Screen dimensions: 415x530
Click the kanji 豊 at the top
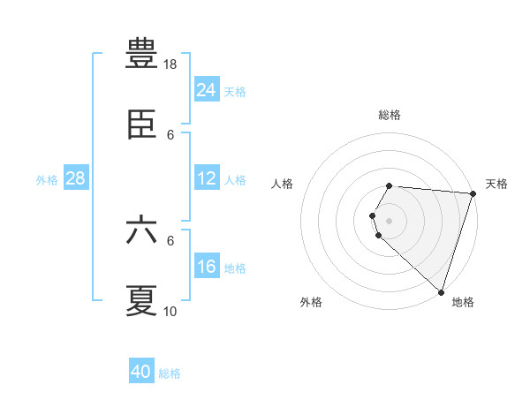pyautogui.click(x=142, y=55)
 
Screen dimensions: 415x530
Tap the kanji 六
pyautogui.click(x=142, y=230)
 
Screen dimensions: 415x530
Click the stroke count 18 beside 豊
pyautogui.click(x=170, y=64)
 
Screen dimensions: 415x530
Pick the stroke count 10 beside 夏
pyautogui.click(x=170, y=311)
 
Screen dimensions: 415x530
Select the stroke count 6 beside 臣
pyautogui.click(x=170, y=135)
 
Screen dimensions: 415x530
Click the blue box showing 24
pyautogui.click(x=207, y=90)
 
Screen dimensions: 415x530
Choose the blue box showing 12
pyautogui.click(x=207, y=178)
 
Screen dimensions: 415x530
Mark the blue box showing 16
pyautogui.click(x=207, y=267)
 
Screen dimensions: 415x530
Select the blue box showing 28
pyautogui.click(x=76, y=178)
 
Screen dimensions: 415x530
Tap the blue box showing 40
pyautogui.click(x=141, y=372)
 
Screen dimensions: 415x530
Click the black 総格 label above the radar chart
pyautogui.click(x=390, y=115)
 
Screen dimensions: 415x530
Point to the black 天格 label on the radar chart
pyautogui.click(x=496, y=184)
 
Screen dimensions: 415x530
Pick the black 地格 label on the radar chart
pyautogui.click(x=463, y=302)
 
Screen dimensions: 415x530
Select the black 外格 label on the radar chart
pyautogui.click(x=311, y=302)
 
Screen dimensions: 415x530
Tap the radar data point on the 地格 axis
pyautogui.click(x=441, y=291)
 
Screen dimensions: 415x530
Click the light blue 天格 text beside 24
pyautogui.click(x=235, y=91)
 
